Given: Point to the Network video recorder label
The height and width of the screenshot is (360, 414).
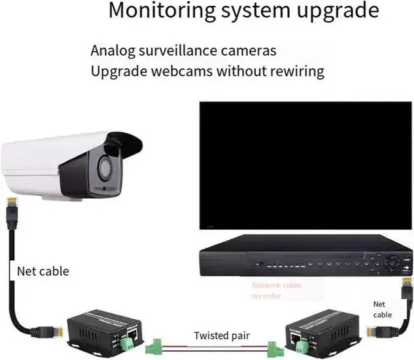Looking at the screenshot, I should point(276,290).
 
